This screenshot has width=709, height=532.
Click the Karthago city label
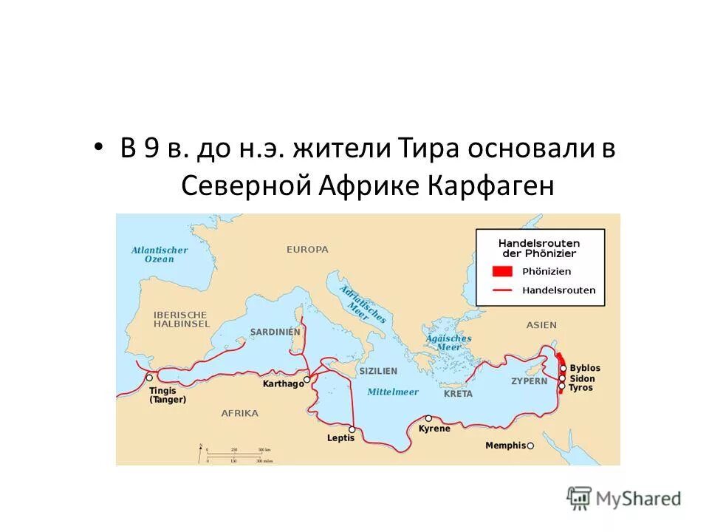[283, 384]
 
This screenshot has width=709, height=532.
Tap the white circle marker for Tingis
[149, 378]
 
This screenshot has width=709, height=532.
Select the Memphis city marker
[530, 446]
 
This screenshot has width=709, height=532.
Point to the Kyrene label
[434, 429]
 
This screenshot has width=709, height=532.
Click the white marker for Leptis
[352, 429]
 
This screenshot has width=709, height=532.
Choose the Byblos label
[586, 368]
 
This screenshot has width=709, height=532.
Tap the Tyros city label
[581, 387]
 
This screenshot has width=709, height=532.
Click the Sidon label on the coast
[583, 378]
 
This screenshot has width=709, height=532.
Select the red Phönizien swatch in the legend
[503, 270]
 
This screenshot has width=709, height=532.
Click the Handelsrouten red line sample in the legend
[503, 290]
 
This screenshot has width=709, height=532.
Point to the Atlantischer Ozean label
[160, 254]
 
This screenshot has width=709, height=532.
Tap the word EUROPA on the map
[307, 250]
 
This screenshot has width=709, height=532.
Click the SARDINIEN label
[275, 332]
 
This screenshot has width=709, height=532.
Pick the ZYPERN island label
[530, 381]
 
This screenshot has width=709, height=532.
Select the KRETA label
[458, 394]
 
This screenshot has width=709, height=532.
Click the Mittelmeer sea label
[393, 392]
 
